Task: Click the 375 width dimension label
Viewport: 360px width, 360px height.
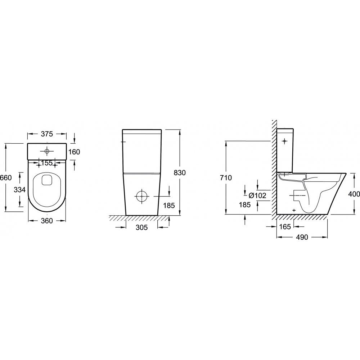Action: [47, 134]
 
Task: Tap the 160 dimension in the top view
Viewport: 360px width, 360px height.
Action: [75, 152]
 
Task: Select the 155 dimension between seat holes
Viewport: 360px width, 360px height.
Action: [47, 163]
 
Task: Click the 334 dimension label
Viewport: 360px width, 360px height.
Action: [19, 190]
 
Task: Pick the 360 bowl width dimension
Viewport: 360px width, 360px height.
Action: [47, 221]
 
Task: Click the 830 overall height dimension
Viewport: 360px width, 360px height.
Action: [180, 173]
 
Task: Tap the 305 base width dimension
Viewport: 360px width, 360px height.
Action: [141, 227]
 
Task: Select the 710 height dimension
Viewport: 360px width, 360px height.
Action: [226, 177]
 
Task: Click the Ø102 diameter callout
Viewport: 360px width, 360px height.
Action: [257, 195]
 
